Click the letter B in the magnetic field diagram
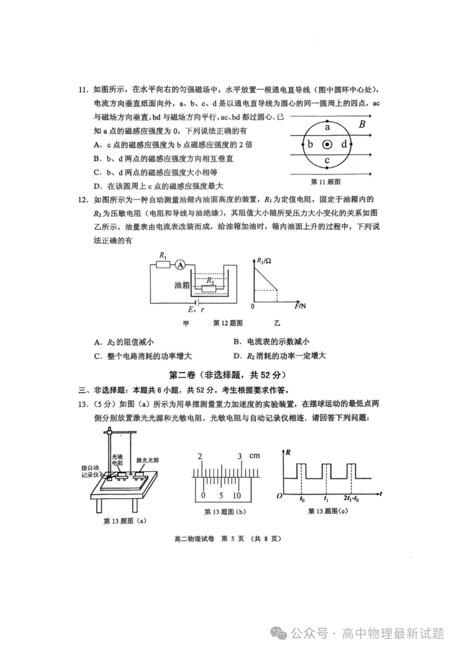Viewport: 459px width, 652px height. [362, 125]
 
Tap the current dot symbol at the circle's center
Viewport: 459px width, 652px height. [327, 145]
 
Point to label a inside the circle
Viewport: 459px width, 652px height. [327, 127]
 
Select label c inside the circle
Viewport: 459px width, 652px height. [327, 160]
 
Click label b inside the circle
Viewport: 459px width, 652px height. [310, 144]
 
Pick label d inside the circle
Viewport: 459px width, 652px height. [344, 144]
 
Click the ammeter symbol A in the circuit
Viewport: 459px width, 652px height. [180, 265]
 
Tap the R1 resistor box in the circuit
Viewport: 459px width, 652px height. [163, 265]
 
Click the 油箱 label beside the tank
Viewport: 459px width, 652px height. [181, 285]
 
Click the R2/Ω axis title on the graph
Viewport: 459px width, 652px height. [264, 260]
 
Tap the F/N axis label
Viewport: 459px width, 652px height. [300, 306]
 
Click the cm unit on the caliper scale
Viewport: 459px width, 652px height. [254, 456]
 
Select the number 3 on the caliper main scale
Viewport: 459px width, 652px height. [240, 456]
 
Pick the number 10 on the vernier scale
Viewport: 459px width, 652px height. [237, 495]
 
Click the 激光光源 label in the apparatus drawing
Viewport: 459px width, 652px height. [147, 460]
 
